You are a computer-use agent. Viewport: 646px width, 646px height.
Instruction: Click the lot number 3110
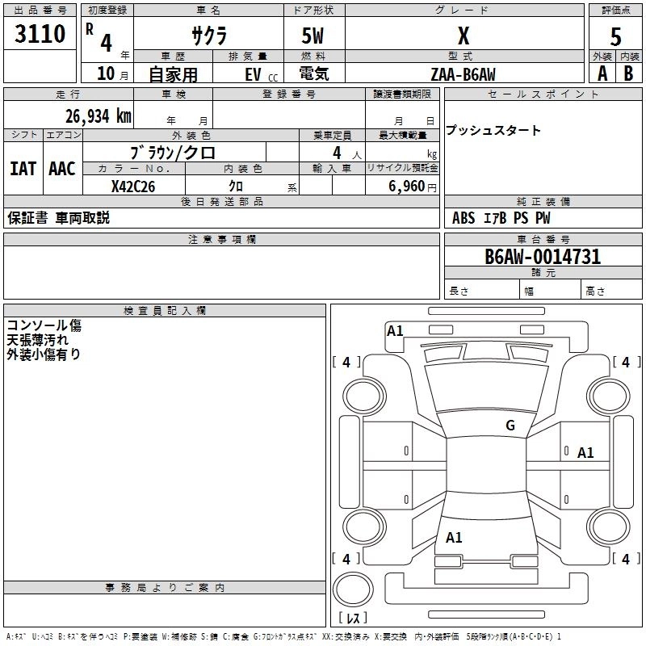click(40, 34)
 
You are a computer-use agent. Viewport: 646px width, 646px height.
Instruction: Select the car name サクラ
click(209, 36)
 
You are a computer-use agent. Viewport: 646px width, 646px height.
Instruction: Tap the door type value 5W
click(313, 36)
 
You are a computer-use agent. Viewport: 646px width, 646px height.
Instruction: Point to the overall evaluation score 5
click(615, 37)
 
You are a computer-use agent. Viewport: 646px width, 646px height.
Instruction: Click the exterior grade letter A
click(602, 73)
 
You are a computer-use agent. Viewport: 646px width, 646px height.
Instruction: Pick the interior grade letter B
click(628, 73)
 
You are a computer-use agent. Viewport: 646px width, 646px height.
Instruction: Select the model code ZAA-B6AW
click(463, 74)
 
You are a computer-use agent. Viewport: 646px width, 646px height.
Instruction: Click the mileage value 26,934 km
click(98, 116)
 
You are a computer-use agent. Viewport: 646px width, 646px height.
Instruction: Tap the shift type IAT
click(23, 169)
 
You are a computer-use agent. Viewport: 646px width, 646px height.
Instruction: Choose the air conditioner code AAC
click(62, 169)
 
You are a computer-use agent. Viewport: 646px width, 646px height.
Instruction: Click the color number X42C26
click(133, 187)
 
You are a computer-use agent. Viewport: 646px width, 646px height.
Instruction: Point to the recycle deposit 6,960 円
click(413, 187)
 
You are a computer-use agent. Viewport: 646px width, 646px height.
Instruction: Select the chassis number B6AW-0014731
click(543, 257)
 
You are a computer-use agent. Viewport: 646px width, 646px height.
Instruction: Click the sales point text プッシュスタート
click(493, 130)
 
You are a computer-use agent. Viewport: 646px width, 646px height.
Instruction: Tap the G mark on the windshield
click(510, 426)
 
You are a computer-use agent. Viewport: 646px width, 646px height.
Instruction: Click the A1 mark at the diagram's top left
click(395, 331)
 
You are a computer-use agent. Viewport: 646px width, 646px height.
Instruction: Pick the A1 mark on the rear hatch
click(454, 538)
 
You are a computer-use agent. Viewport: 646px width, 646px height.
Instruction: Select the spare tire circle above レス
click(353, 589)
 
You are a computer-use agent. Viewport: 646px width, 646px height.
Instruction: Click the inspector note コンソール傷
click(44, 325)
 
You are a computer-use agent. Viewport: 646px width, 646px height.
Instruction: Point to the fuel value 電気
click(314, 73)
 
